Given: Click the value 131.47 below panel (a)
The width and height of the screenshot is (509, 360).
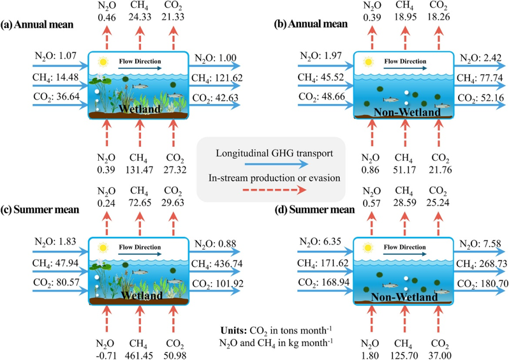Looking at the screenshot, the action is [139, 170].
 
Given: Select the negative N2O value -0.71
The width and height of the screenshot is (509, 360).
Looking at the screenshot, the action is [106, 356].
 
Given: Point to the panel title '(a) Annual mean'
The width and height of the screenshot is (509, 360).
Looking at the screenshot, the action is [37, 25].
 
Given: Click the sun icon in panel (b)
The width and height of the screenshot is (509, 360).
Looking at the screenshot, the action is [368, 61].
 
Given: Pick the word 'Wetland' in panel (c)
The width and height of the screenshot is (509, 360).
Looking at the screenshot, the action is [142, 296].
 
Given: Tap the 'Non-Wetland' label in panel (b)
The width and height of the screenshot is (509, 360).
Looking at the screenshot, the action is [407, 112].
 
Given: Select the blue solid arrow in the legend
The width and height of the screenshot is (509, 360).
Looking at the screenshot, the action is [276, 165].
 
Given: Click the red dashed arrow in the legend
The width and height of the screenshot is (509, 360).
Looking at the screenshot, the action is [275, 190].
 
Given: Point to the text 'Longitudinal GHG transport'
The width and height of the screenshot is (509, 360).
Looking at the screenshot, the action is [274, 153].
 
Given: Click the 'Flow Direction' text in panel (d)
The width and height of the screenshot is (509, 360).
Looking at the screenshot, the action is [404, 247].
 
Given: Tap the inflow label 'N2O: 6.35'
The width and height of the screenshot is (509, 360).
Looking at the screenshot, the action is [320, 242].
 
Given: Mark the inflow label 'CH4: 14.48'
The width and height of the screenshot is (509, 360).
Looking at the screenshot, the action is [55, 77].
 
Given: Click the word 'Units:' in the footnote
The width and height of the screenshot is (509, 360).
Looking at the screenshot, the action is [233, 331].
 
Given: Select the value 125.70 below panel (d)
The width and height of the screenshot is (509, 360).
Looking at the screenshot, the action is [404, 356].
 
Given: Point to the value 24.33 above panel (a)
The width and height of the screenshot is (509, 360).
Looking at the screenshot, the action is [140, 17].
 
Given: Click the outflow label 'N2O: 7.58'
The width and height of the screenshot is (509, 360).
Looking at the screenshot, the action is [480, 244].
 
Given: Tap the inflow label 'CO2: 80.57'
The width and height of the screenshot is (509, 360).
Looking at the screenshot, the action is [56, 282].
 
